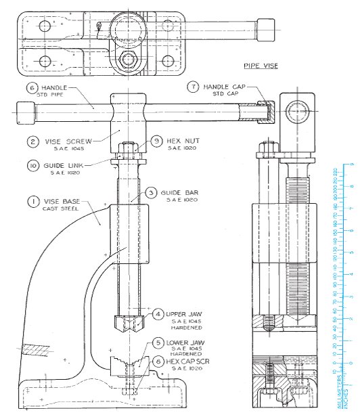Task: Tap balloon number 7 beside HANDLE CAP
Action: [194, 87]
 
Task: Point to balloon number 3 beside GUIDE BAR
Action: [152, 193]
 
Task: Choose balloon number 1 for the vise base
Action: [32, 202]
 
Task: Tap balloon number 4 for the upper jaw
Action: [158, 314]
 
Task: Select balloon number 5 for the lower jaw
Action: [158, 343]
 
